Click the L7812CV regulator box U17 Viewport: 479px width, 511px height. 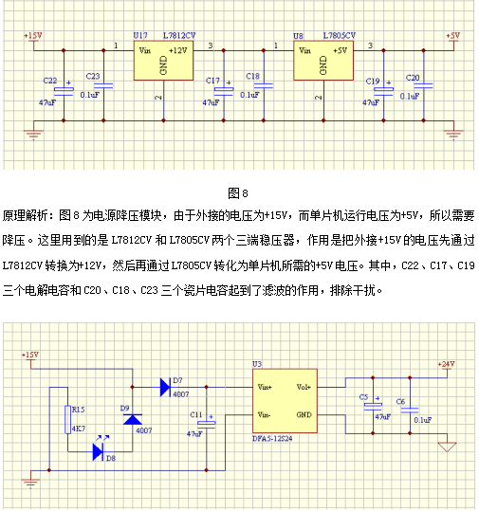coord(163,61)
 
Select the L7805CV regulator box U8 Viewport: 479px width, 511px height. coord(323,61)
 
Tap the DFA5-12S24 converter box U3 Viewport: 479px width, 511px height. coord(285,401)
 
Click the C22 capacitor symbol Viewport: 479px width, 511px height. coord(64,91)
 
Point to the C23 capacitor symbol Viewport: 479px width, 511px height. coord(103,85)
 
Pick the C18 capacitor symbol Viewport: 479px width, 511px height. coord(264,85)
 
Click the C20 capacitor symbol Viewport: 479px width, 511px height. coord(423,85)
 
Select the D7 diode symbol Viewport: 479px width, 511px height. coord(165,387)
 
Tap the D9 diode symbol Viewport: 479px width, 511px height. coord(133,419)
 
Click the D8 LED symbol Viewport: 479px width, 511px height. coord(98,451)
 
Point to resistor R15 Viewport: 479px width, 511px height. coord(68,420)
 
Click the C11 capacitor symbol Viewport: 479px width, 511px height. coord(207,425)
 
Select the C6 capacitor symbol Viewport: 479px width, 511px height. coord(410,411)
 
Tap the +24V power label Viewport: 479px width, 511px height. coord(446,364)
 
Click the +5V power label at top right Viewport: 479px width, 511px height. coord(452,35)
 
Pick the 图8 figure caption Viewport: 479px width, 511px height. coord(238,193)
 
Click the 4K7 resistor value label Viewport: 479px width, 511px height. coord(79,429)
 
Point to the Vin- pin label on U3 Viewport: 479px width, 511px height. coord(264,415)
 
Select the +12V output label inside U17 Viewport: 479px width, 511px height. coord(178,50)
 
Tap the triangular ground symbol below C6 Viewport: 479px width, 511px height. coord(447,447)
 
